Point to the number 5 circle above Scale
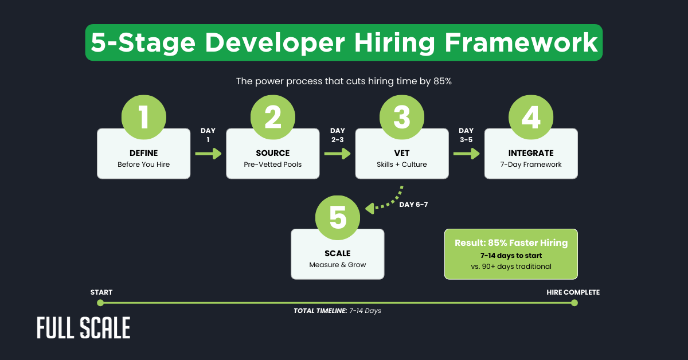338,218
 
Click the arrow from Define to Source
208,154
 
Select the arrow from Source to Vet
337,154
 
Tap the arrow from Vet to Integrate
467,154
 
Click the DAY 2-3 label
338,135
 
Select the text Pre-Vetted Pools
272,165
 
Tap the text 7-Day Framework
531,165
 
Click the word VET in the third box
402,153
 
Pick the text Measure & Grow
337,265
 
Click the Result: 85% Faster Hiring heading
511,242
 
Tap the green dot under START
100,303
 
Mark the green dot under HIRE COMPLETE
574,303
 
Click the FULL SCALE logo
84,328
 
